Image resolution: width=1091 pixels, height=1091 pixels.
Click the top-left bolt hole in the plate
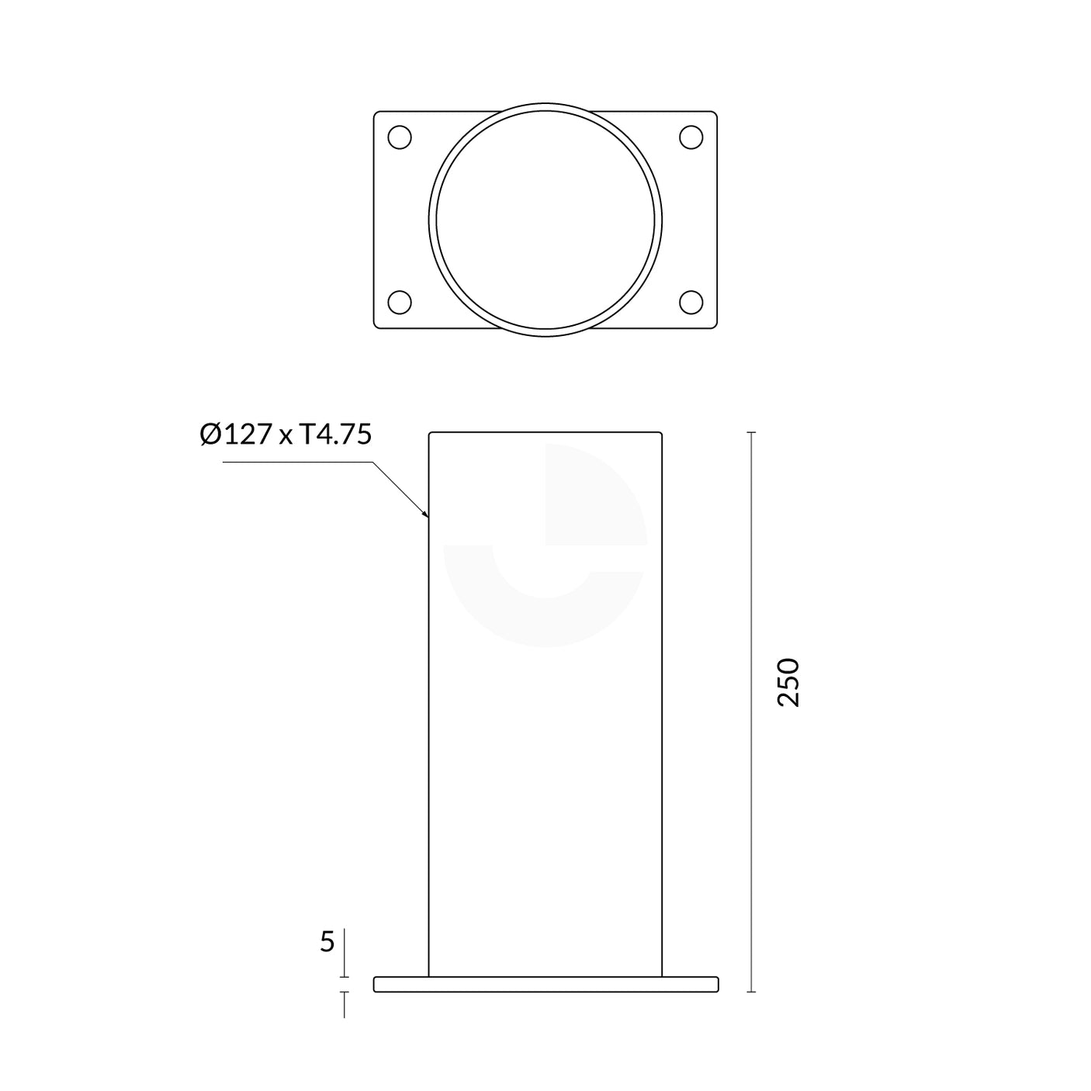(399, 137)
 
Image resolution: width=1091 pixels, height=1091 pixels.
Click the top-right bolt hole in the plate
(691, 137)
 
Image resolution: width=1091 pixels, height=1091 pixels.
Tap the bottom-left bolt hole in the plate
(399, 302)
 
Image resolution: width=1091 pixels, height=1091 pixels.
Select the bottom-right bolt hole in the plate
(691, 302)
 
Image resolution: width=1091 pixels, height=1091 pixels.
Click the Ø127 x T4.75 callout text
(286, 435)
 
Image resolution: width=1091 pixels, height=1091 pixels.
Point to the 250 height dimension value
(788, 681)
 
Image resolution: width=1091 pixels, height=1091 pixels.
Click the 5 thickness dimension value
(327, 942)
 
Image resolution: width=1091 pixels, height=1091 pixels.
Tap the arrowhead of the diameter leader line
(426, 514)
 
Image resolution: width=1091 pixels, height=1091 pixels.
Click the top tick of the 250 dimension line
(750, 432)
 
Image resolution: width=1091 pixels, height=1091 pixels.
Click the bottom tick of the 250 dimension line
(750, 992)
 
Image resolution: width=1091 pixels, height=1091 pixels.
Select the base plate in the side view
(545, 984)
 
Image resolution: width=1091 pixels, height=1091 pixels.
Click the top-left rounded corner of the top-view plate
(377, 115)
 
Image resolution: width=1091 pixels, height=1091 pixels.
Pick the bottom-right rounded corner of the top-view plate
(713, 325)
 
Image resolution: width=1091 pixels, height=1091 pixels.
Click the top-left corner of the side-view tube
(431, 434)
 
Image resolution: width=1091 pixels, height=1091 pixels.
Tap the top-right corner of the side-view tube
(661, 434)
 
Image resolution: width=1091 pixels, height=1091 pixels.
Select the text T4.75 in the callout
(335, 435)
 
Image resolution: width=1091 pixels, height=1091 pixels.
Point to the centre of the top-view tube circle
(545, 220)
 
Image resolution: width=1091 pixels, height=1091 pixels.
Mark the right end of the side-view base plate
(716, 984)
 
